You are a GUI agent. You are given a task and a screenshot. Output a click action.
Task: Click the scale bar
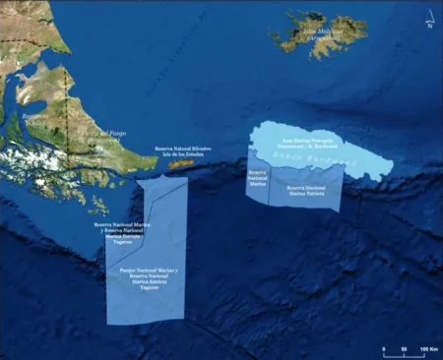pos(404,343)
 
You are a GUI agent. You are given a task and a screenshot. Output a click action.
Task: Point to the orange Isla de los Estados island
pos(179,164)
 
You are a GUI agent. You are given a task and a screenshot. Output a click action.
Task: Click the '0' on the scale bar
pos(383,351)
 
